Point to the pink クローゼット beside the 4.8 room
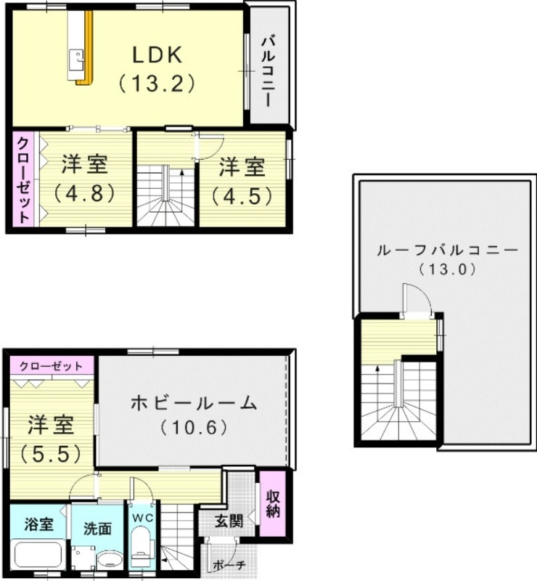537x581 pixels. point(24,179)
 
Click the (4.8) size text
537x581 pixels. point(83,194)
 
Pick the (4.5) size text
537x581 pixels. point(242,195)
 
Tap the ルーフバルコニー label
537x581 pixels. point(447,251)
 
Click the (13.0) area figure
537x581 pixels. point(447,269)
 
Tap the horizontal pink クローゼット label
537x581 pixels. point(51,365)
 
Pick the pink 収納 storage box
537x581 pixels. point(272,505)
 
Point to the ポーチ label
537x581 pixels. point(230,564)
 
